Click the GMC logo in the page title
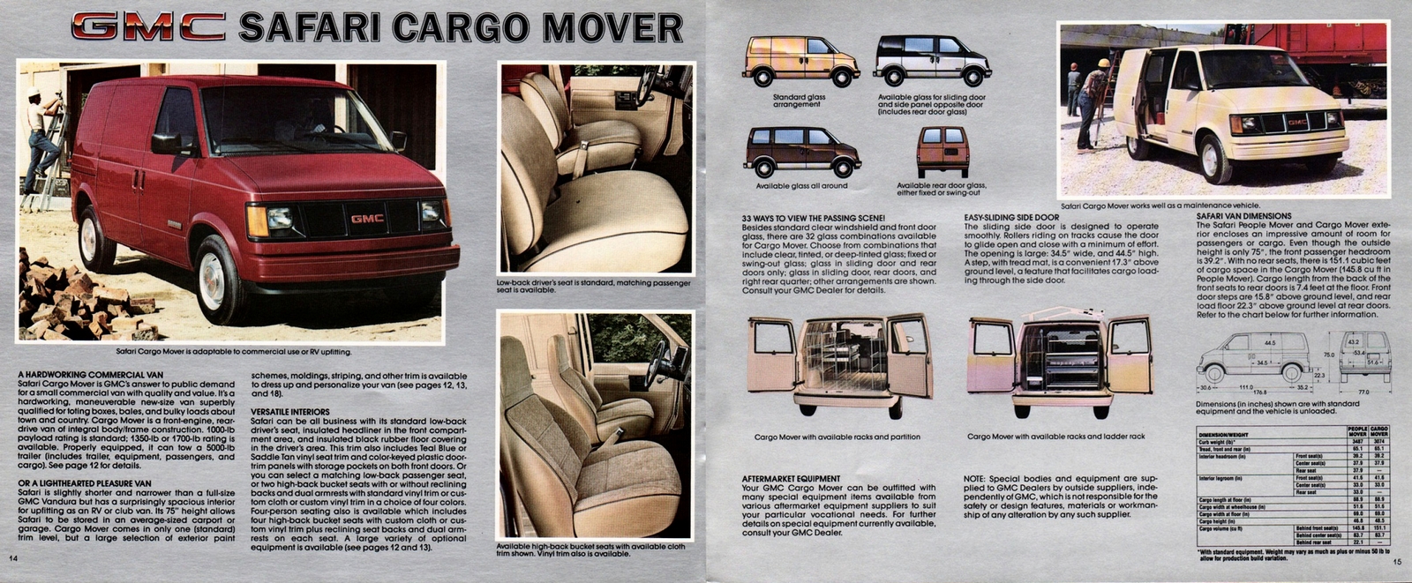(148, 26)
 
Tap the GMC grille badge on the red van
(367, 219)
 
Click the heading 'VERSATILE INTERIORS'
(290, 412)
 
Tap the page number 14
(13, 558)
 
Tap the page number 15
(1397, 562)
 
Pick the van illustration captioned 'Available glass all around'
(801, 152)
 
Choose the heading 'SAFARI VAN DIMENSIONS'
(1243, 216)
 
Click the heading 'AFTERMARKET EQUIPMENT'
(791, 478)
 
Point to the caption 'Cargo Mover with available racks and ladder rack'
(1055, 437)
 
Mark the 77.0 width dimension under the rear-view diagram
(1363, 392)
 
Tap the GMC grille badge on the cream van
(1296, 123)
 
